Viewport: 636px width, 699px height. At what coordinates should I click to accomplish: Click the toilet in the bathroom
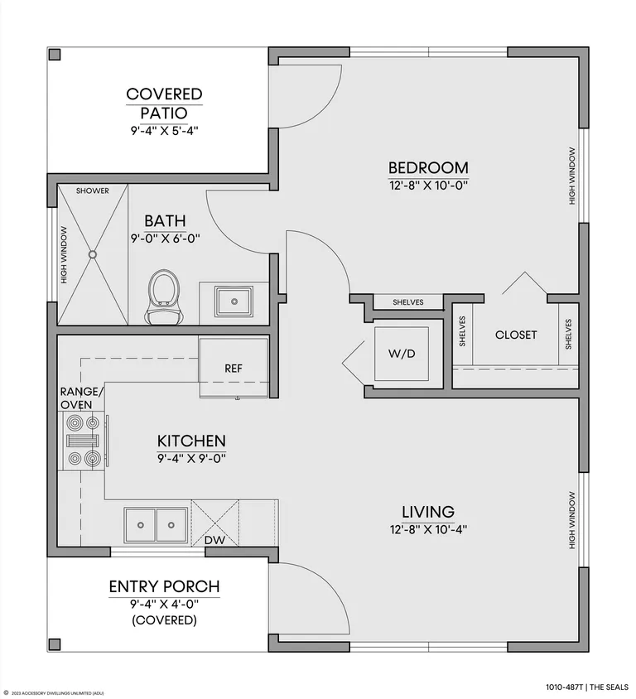[x=164, y=296]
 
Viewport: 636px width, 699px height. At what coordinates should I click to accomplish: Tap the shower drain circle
[x=93, y=254]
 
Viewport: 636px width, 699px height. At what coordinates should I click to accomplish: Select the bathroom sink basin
[x=234, y=301]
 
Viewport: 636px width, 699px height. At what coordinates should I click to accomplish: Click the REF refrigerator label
[x=234, y=369]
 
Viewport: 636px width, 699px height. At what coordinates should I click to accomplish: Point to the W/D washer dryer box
[x=402, y=354]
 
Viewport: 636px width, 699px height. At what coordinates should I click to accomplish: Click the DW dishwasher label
[x=214, y=540]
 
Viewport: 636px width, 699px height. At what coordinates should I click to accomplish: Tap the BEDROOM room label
[x=428, y=167]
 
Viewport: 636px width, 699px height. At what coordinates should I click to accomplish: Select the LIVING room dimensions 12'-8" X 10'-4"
[x=428, y=529]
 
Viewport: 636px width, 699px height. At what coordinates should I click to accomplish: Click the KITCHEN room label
[x=191, y=441]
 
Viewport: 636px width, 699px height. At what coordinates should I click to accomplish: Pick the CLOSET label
[x=516, y=335]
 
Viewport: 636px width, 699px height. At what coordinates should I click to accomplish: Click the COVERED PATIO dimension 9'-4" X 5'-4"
[x=164, y=131]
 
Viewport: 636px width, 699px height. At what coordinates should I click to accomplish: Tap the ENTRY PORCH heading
[x=165, y=586]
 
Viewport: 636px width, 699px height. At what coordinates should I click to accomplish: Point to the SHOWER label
[x=92, y=190]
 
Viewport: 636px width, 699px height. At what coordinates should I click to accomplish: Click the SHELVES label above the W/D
[x=407, y=302]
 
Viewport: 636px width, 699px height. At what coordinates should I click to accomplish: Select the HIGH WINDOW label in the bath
[x=64, y=255]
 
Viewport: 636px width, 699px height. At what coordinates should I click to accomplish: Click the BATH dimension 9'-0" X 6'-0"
[x=165, y=239]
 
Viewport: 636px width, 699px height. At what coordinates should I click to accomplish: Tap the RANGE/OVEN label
[x=82, y=398]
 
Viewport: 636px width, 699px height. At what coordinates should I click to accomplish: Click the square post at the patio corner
[x=55, y=55]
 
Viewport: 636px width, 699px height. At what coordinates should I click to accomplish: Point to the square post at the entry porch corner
[x=55, y=644]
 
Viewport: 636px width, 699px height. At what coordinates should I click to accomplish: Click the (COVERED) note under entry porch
[x=165, y=620]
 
